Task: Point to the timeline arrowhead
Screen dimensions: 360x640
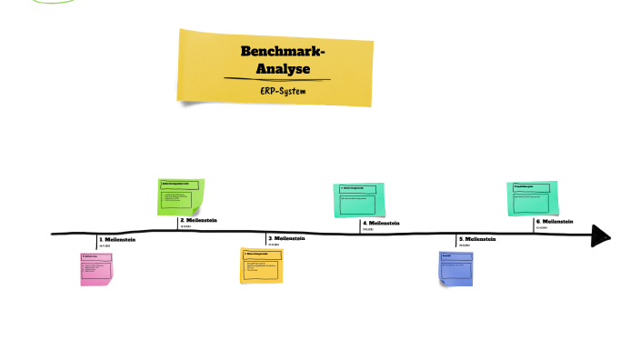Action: click(600, 235)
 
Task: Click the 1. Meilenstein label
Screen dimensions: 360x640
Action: click(118, 239)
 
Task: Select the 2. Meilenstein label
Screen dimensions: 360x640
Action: click(199, 220)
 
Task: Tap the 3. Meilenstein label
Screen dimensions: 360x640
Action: click(286, 238)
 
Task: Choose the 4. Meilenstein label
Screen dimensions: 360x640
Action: click(381, 223)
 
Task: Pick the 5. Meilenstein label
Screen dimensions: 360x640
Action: click(477, 239)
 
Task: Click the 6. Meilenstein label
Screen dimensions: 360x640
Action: click(555, 221)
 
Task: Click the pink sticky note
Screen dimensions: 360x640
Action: click(96, 269)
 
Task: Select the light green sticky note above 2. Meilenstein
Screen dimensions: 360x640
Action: click(181, 196)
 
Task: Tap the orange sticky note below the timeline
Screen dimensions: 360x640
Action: click(262, 265)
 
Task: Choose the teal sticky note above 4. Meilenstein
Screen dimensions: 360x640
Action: click(358, 200)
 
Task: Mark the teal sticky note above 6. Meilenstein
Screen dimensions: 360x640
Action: click(531, 198)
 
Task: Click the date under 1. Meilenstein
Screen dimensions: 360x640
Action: click(105, 246)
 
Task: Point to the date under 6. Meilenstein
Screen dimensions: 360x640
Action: click(542, 228)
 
